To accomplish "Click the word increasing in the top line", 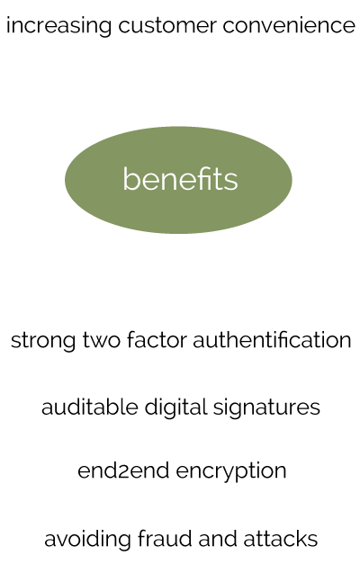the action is click(59, 26).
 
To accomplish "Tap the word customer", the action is click(167, 26).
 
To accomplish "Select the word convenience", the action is click(289, 26).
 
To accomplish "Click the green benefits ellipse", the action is click(178, 180).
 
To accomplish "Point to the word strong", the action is click(43, 341).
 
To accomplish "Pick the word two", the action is click(101, 341).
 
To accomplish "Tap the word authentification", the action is click(272, 340).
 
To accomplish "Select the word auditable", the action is click(90, 407).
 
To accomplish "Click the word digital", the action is click(175, 408).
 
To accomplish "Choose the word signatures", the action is click(266, 408).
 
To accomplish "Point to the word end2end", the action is click(123, 470).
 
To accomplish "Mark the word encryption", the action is click(231, 471).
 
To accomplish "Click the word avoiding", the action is click(87, 540).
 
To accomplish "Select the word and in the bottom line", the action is click(218, 539).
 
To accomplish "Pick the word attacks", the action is click(281, 539).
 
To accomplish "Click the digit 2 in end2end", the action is click(122, 472).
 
